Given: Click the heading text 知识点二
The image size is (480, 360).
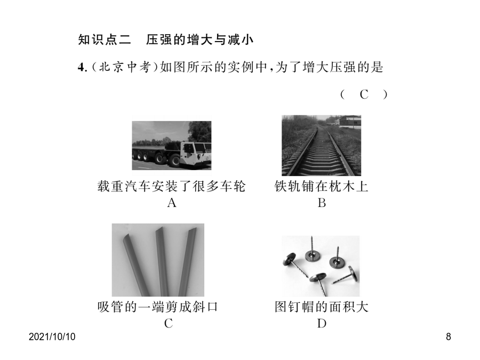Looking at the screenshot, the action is [x=105, y=40].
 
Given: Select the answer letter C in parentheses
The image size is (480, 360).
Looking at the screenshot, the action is [x=364, y=94].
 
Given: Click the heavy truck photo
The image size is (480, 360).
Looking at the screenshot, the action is [x=171, y=146].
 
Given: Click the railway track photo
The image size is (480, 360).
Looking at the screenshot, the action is [x=321, y=146].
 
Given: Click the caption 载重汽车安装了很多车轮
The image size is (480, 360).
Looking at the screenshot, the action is [x=171, y=187].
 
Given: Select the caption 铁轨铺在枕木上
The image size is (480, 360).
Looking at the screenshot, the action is [x=321, y=187].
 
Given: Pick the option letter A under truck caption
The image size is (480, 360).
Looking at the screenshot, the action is [x=172, y=203].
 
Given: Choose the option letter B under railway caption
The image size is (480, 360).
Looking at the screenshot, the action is [x=322, y=203].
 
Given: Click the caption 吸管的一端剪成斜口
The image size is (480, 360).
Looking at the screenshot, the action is [x=157, y=307].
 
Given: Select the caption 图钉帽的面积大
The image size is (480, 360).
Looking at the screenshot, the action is [x=321, y=307].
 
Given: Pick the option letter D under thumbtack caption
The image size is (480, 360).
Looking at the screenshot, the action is [x=322, y=323].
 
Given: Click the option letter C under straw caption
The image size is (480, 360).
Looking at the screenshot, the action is [x=169, y=323].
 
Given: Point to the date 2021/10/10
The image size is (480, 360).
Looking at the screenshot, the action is [x=52, y=337].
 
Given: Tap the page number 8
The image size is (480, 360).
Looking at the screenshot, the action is [x=448, y=337].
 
